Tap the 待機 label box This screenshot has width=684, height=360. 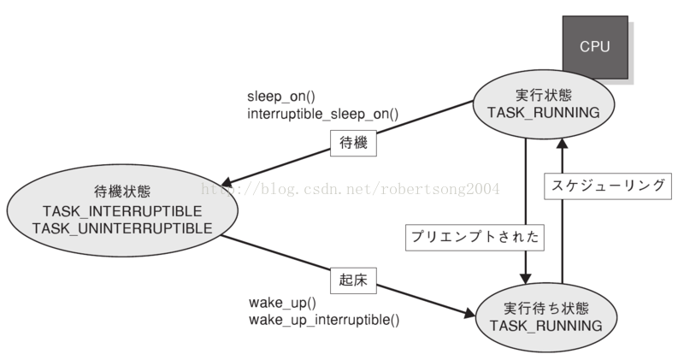tap(353, 144)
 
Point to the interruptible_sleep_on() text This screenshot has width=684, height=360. tap(323, 114)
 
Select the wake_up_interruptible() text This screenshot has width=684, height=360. tap(324, 320)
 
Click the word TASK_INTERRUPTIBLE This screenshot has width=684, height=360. tap(121, 211)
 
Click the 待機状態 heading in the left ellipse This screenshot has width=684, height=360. tap(121, 192)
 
